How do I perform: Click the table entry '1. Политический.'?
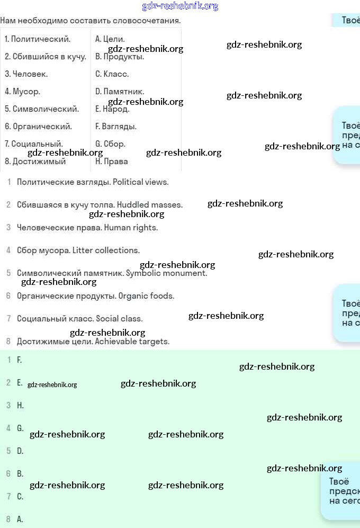point(38,39)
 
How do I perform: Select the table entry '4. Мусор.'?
point(23,92)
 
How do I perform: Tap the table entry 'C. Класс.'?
point(112,74)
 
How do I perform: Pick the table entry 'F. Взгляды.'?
point(116,127)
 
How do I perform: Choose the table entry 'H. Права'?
point(112,162)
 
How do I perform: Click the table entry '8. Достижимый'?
point(35,162)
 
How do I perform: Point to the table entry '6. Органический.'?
point(39,127)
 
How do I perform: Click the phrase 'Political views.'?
point(141,182)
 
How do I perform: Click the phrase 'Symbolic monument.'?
point(166,273)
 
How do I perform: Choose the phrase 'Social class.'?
point(119,319)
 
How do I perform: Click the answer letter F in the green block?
point(19,360)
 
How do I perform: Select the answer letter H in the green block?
point(20,406)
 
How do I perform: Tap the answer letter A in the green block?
point(20,520)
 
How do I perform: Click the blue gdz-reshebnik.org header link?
point(180,6)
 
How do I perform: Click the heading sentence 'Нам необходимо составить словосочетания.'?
point(91,21)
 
